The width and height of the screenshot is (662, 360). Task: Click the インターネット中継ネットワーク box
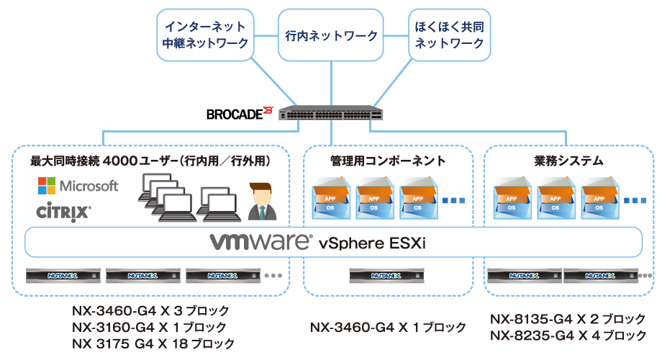[206, 35]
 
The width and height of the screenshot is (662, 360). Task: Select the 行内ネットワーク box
[332, 35]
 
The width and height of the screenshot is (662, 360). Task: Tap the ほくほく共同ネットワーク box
[449, 35]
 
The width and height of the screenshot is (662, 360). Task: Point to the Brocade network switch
[332, 114]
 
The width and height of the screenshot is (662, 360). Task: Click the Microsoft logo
[78, 186]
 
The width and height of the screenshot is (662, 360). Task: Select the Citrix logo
[63, 212]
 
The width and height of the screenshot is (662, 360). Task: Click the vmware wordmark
[260, 241]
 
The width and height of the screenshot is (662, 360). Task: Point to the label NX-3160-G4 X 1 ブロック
[149, 327]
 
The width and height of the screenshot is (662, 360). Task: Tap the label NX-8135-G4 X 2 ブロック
[568, 319]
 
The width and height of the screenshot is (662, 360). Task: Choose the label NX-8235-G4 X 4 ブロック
[568, 336]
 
